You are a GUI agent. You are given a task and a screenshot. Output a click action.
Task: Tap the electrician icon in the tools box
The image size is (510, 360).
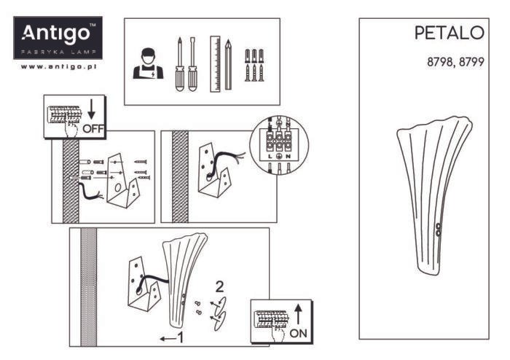[147, 64]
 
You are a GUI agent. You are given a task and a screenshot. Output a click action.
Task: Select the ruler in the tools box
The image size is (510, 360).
[215, 63]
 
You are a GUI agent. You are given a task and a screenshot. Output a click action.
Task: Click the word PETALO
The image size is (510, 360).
[449, 33]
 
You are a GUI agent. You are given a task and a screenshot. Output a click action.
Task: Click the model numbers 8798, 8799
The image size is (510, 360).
[455, 63]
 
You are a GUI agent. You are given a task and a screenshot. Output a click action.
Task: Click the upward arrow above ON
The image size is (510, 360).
[299, 313]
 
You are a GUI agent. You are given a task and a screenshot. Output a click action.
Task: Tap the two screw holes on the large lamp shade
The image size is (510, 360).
[437, 229]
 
